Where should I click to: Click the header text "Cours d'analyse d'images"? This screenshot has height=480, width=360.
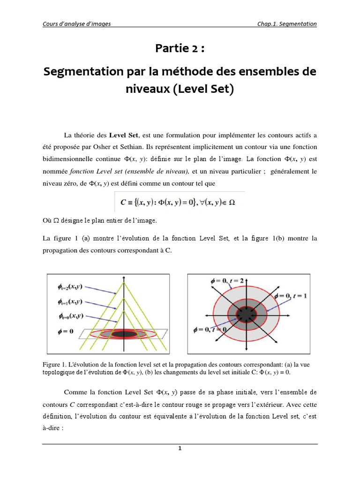77,24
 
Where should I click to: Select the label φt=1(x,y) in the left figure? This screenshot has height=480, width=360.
71,302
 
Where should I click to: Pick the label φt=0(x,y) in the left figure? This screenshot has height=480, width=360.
71,317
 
